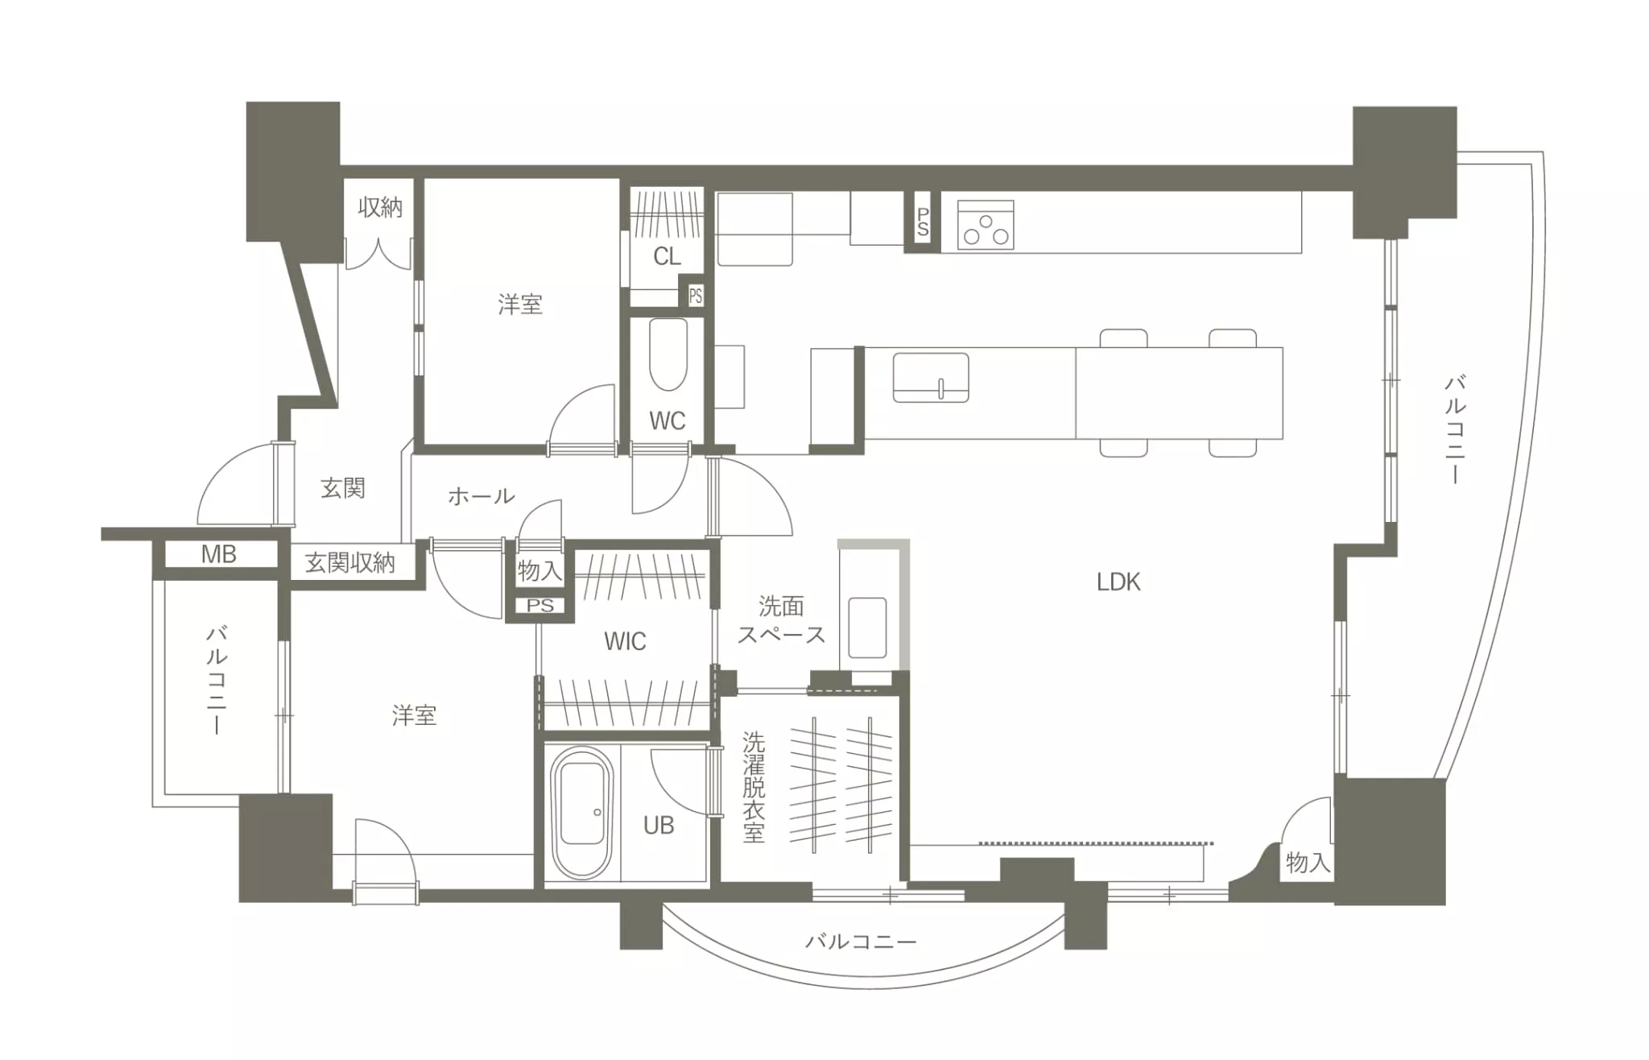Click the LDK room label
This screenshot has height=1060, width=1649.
[1118, 582]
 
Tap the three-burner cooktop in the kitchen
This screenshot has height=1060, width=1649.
[986, 225]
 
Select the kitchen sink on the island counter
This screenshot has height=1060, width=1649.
[931, 377]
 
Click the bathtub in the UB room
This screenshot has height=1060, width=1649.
[581, 813]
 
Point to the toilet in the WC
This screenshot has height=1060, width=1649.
[667, 354]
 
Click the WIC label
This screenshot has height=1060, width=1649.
[625, 641]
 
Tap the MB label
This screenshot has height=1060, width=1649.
[218, 554]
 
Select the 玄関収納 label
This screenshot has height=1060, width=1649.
[350, 563]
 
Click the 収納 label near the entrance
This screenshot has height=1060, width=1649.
[380, 207]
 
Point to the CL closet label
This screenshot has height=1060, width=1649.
[667, 256]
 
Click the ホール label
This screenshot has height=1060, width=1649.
[481, 495]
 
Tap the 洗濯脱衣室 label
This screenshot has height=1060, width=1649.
[754, 786]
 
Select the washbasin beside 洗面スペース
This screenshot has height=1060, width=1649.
[867, 627]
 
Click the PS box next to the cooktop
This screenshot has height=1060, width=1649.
[923, 222]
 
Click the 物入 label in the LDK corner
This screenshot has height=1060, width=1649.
[1307, 863]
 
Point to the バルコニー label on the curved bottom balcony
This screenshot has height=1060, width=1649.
[861, 941]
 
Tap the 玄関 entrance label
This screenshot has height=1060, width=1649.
[343, 487]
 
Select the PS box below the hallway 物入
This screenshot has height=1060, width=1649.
[540, 605]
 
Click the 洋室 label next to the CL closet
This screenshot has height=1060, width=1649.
[520, 304]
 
